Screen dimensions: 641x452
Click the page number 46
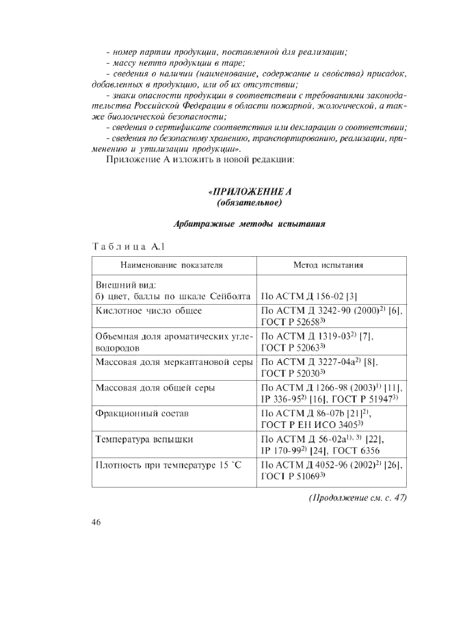[x=96, y=523]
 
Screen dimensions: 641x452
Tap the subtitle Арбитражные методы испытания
[x=249, y=224]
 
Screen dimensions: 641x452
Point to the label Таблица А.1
[x=129, y=246]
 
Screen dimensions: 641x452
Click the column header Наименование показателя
[x=172, y=264]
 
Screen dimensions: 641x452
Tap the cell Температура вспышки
[x=145, y=438]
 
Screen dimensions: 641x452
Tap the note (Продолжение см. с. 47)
[x=356, y=498]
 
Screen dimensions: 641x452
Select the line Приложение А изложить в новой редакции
[x=200, y=160]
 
